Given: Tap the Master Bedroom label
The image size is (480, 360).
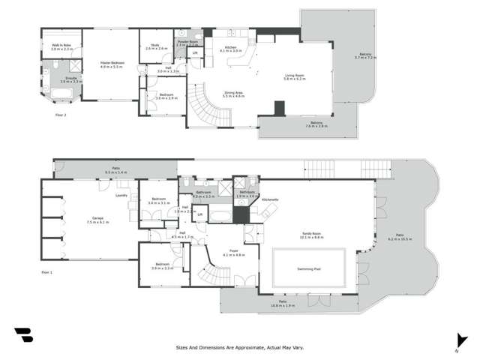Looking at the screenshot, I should click(111, 62).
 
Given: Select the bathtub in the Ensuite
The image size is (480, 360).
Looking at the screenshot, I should click(62, 94).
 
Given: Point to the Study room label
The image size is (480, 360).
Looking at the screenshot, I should click(157, 45).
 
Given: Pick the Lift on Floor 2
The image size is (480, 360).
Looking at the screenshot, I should click(196, 53).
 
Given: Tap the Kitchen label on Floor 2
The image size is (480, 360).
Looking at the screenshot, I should click(229, 47).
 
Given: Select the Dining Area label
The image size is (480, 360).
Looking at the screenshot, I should click(234, 93).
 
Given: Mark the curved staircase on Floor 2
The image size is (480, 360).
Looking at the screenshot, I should click(203, 109).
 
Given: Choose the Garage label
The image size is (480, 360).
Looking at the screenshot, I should click(97, 219).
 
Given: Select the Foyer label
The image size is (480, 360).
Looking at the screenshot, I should click(234, 250).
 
